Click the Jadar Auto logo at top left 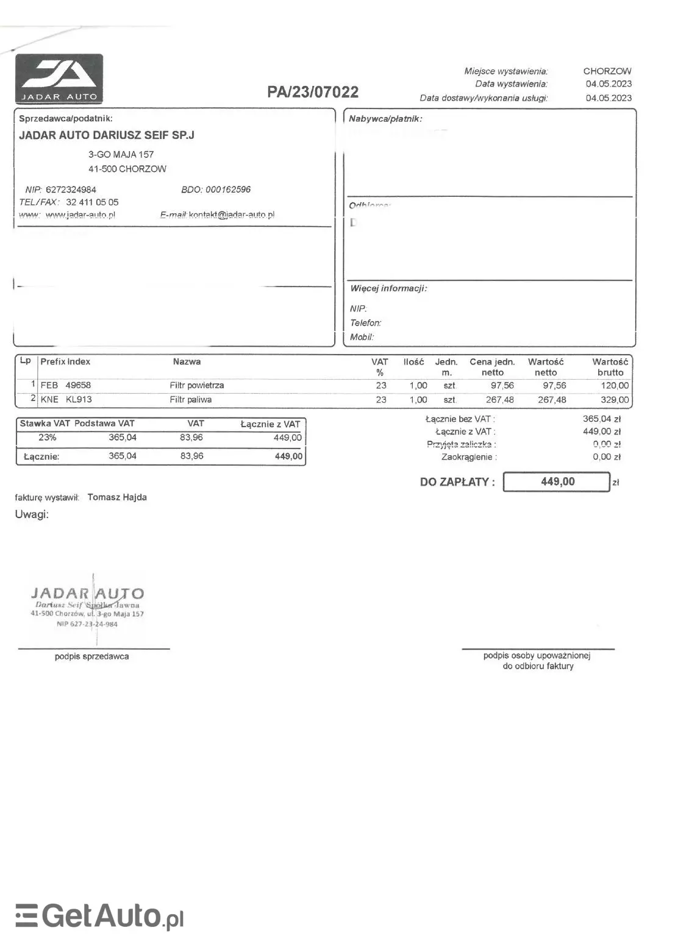click(59, 79)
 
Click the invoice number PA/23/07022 click(313, 92)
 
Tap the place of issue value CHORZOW click(607, 71)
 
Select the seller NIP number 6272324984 click(71, 190)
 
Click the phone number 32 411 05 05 click(92, 202)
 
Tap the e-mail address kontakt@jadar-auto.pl click(232, 215)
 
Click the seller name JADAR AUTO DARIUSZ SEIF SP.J click(107, 135)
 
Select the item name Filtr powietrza click(196, 386)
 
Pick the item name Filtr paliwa click(190, 400)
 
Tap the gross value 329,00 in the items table click(614, 400)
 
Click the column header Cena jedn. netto click(492, 367)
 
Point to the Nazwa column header click(187, 362)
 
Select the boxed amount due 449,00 click(557, 482)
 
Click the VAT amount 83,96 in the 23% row click(191, 438)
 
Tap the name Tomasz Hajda click(117, 497)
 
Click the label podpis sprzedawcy click(91, 657)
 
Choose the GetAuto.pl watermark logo click(99, 916)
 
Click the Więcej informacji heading click(388, 288)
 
